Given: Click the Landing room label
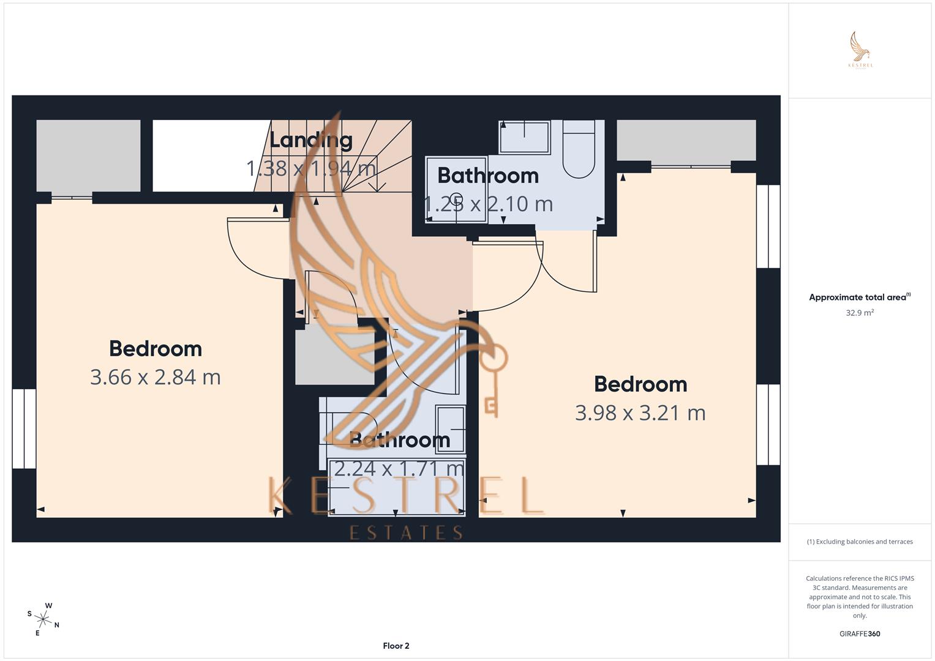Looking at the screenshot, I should [x=311, y=140].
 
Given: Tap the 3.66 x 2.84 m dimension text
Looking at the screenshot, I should [x=156, y=377].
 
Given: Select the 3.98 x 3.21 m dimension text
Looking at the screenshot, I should [x=640, y=413].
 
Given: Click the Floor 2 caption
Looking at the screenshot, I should [x=396, y=646].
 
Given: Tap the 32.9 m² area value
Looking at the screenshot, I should [x=860, y=313].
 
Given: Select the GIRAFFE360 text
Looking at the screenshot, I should [x=860, y=633].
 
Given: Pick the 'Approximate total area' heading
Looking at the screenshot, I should [x=857, y=297].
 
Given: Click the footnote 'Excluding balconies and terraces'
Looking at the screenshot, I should [x=860, y=542].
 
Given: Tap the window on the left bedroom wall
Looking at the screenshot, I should [x=24, y=428].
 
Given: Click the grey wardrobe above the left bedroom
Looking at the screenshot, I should [x=88, y=155].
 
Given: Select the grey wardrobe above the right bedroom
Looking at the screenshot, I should [x=686, y=140].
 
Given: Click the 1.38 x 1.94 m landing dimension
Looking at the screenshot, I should [x=311, y=168].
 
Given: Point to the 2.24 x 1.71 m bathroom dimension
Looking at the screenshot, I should [x=399, y=469].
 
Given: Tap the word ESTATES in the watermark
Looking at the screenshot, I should [x=406, y=532].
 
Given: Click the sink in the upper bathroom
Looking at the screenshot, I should [x=525, y=136].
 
